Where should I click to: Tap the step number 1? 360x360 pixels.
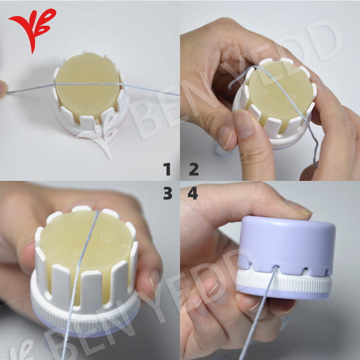point(167,169)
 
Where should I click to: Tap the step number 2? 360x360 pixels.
point(194,169)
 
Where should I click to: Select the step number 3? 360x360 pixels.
point(168,193)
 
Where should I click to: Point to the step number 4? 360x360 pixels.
point(193,193)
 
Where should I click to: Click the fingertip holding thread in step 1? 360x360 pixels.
point(3,89)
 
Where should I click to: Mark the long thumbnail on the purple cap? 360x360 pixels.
point(298,208)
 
